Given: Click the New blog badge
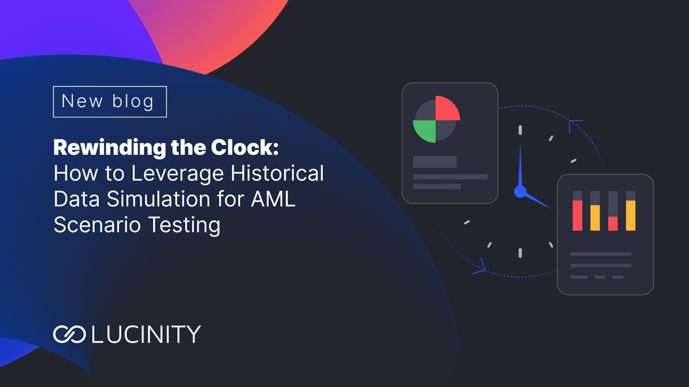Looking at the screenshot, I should coord(110,101).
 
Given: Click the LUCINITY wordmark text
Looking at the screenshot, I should coord(146,334).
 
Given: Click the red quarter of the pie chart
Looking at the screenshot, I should coord(447,108).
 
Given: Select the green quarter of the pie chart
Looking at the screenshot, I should coord(425,131).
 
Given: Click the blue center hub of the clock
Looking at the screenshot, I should coord(520,191).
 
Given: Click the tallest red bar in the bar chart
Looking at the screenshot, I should coord(578,215).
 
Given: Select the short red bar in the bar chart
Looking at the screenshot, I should coord(613,223).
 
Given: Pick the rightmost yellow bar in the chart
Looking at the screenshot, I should coord(630,215).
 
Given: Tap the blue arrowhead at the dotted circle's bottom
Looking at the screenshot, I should coord(481,266).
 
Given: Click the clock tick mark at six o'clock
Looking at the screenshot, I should coord(520,253).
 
